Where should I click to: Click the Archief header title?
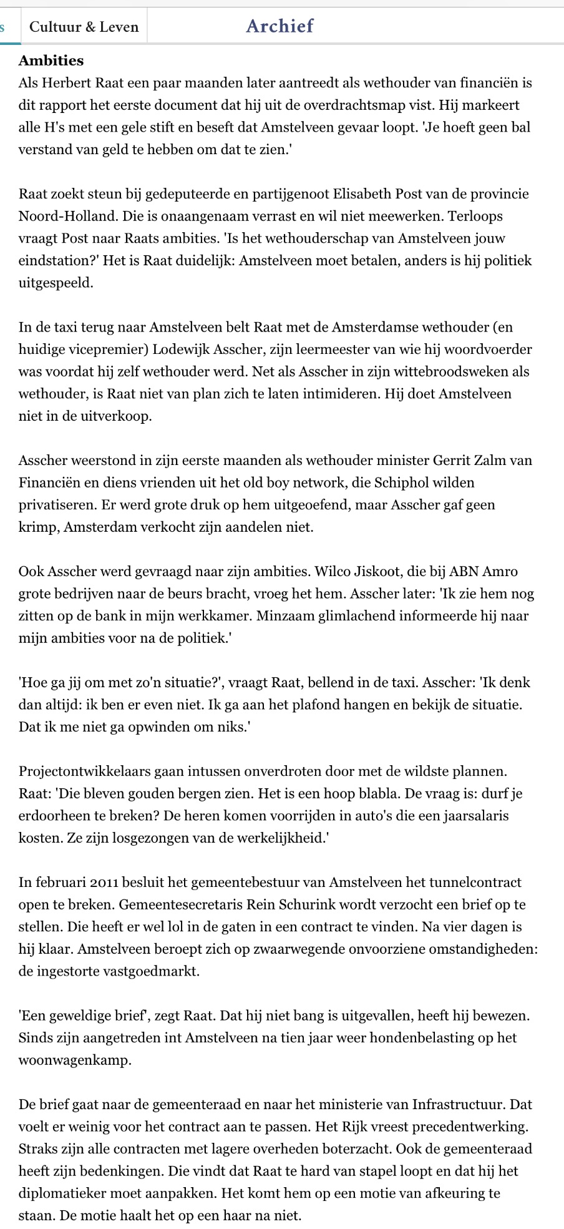point(280,26)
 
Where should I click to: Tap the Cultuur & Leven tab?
point(84,27)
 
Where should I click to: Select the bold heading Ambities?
point(51,61)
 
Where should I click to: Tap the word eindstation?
point(54,260)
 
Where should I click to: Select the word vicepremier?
point(103,349)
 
